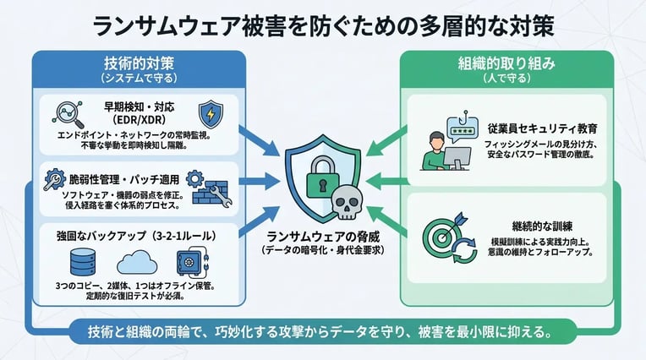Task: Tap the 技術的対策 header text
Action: click(138, 63)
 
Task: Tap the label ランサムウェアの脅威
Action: click(323, 237)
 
